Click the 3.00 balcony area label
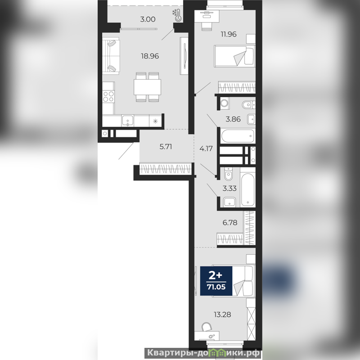click(148, 19)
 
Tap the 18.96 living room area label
click(150, 56)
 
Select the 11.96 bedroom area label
click(229, 34)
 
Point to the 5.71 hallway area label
click(166, 147)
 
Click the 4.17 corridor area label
click(206, 149)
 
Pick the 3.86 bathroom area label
click(233, 119)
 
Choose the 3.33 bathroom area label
click(229, 189)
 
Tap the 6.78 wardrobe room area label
click(230, 222)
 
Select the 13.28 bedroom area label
click(222, 315)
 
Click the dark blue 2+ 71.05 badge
click(216, 281)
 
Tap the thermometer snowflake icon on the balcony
click(177, 16)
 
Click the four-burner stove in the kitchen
click(108, 96)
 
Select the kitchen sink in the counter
click(127, 121)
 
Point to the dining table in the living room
click(148, 87)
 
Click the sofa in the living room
click(111, 56)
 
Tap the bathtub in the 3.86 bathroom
click(238, 136)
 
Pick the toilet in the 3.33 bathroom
click(229, 174)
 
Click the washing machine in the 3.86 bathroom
click(225, 103)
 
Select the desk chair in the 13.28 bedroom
click(207, 327)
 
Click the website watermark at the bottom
click(203, 353)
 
